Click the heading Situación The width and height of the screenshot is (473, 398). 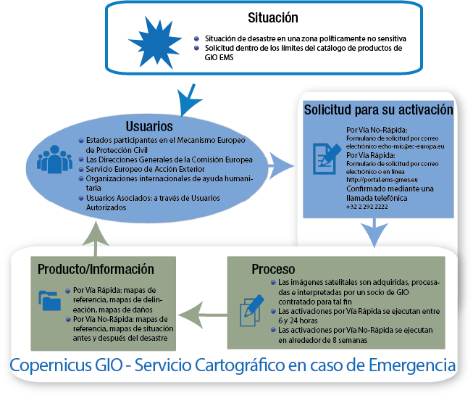click(x=272, y=17)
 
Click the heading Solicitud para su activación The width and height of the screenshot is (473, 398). click(x=378, y=111)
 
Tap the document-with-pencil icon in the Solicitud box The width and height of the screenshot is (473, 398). click(x=323, y=154)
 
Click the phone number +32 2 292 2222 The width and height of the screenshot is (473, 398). click(x=367, y=207)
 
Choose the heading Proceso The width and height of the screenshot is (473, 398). click(x=273, y=269)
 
